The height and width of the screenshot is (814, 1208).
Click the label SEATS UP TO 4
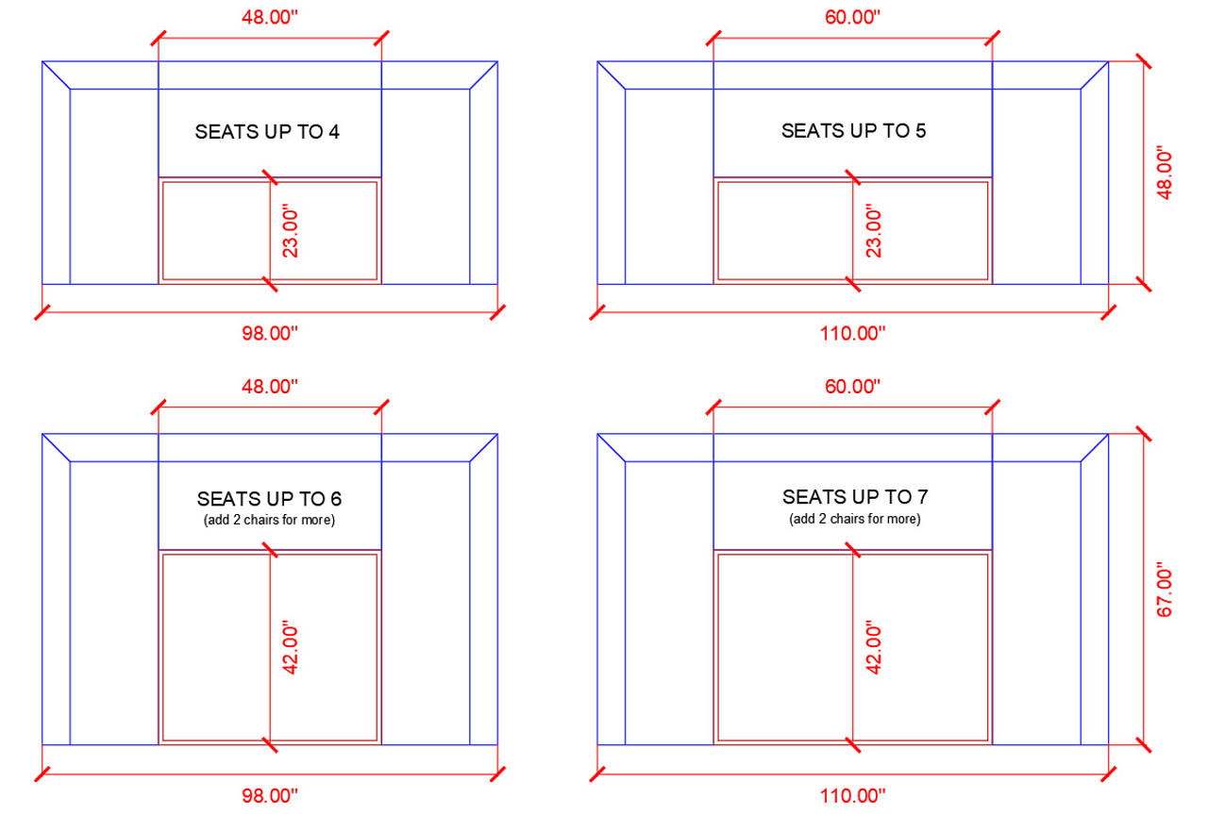click(x=267, y=132)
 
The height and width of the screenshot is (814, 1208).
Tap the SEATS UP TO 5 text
click(x=853, y=131)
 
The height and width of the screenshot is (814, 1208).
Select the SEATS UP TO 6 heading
click(x=269, y=498)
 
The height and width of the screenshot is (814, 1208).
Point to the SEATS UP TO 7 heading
click(x=854, y=496)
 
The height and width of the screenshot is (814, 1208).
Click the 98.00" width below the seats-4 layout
click(x=269, y=333)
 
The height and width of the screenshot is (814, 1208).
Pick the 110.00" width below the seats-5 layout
click(x=853, y=333)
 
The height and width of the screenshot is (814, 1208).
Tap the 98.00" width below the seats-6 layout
click(x=269, y=796)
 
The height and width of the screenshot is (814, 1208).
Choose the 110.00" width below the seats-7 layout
click(x=853, y=796)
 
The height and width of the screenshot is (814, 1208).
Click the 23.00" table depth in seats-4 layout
click(x=291, y=232)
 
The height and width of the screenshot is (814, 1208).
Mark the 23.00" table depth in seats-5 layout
click(x=874, y=232)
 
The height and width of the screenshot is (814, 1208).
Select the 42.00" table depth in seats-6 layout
click(x=291, y=648)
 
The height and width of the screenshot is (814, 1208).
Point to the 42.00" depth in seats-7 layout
click(x=874, y=648)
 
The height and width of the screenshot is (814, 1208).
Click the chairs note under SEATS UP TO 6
click(x=269, y=520)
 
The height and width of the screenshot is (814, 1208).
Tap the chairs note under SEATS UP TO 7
click(x=854, y=519)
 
